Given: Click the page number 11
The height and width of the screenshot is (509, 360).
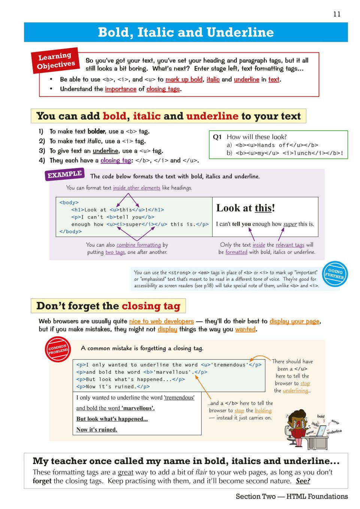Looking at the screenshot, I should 337,14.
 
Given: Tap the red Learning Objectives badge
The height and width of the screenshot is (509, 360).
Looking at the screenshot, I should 56,60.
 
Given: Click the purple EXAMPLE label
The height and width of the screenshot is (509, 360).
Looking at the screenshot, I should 64,174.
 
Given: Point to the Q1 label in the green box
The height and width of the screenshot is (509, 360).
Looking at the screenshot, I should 217,137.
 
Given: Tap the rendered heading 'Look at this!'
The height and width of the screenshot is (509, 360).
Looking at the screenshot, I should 245,208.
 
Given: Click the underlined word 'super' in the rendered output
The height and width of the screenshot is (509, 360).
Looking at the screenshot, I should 290,224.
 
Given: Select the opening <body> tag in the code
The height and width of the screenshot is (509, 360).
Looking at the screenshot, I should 69,202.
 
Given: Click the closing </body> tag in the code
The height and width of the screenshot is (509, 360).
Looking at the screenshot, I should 70,232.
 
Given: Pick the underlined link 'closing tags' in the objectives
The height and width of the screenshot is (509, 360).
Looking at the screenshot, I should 163,89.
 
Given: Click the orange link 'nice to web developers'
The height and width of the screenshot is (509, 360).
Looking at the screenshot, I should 161,321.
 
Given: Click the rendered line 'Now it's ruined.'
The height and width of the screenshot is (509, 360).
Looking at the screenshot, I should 97,430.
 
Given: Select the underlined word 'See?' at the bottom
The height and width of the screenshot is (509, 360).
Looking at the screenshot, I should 303,481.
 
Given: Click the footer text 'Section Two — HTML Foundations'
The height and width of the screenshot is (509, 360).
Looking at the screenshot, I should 291,496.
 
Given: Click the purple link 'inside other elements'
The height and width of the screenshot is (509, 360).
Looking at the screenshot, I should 136,188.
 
